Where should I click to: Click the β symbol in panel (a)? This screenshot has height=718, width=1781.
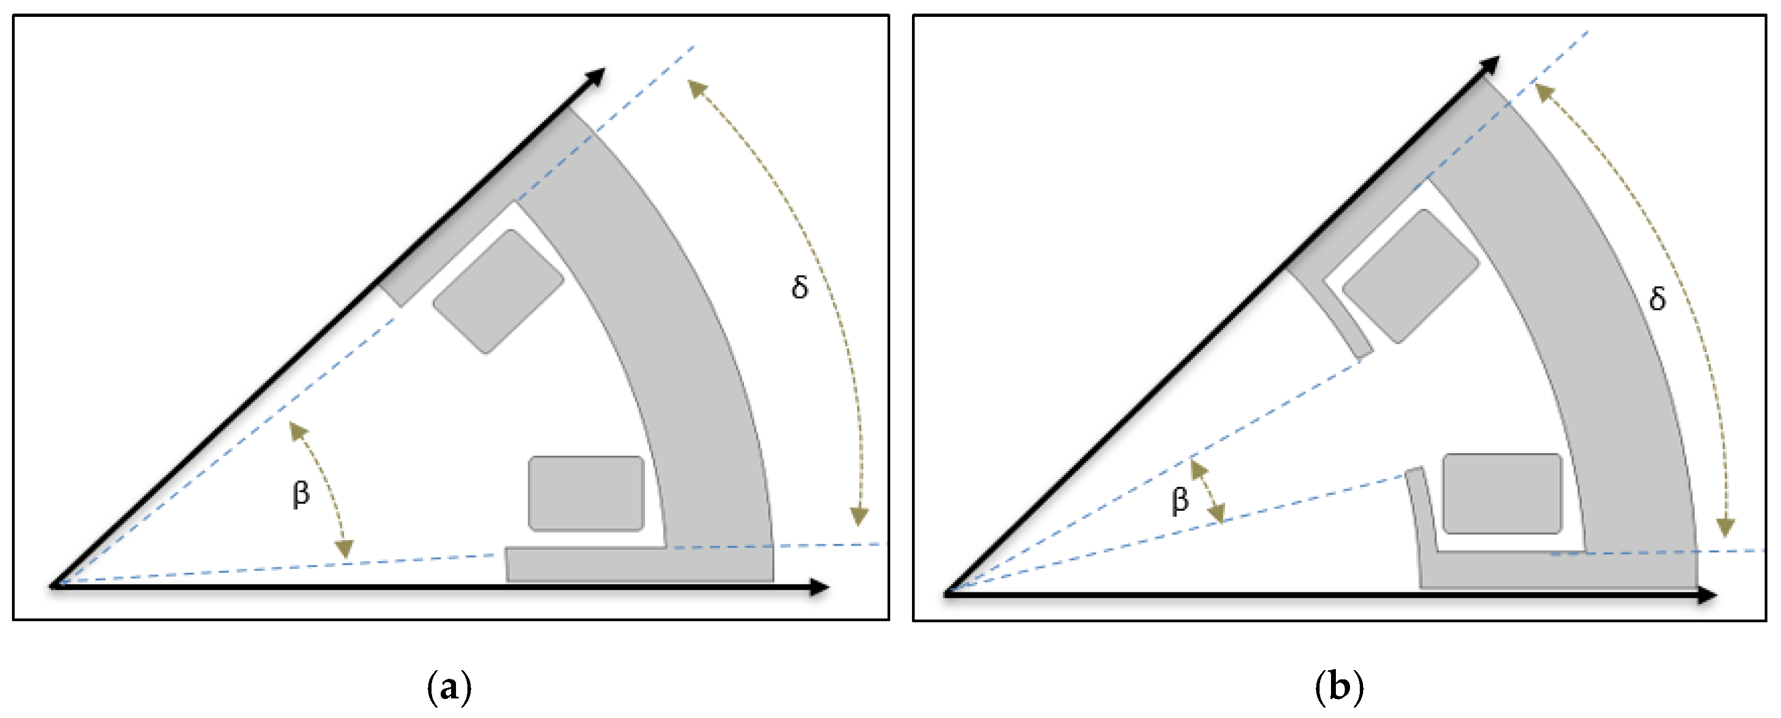point(301,494)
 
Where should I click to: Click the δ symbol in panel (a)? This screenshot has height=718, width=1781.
point(800,286)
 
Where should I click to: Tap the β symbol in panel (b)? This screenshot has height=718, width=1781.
point(1180,499)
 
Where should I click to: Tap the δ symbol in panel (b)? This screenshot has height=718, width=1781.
point(1657,299)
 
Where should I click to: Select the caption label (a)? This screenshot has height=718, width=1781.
point(449,688)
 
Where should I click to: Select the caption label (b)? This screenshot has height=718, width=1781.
point(1339,688)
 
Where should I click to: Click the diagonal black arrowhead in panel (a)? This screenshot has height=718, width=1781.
point(596,76)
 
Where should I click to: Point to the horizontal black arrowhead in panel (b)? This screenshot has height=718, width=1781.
point(1708,595)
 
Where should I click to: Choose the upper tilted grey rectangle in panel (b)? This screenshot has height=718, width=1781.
point(1410,276)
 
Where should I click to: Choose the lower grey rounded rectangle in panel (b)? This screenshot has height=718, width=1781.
point(1502,494)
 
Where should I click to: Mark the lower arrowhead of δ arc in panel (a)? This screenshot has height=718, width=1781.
point(859,516)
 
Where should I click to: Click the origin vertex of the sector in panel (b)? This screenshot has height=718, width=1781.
point(948,593)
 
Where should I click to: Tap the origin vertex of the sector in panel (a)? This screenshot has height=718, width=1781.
point(54,586)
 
